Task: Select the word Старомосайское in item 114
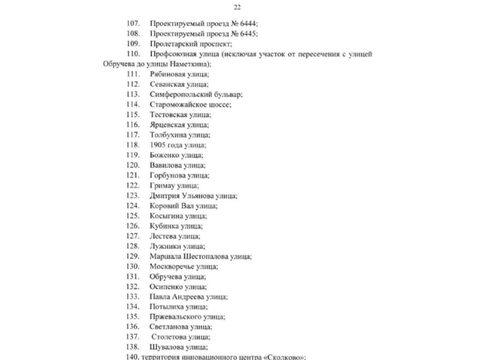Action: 179,104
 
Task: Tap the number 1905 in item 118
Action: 158,145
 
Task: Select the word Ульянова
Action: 200,196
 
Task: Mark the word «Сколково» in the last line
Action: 284,358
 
